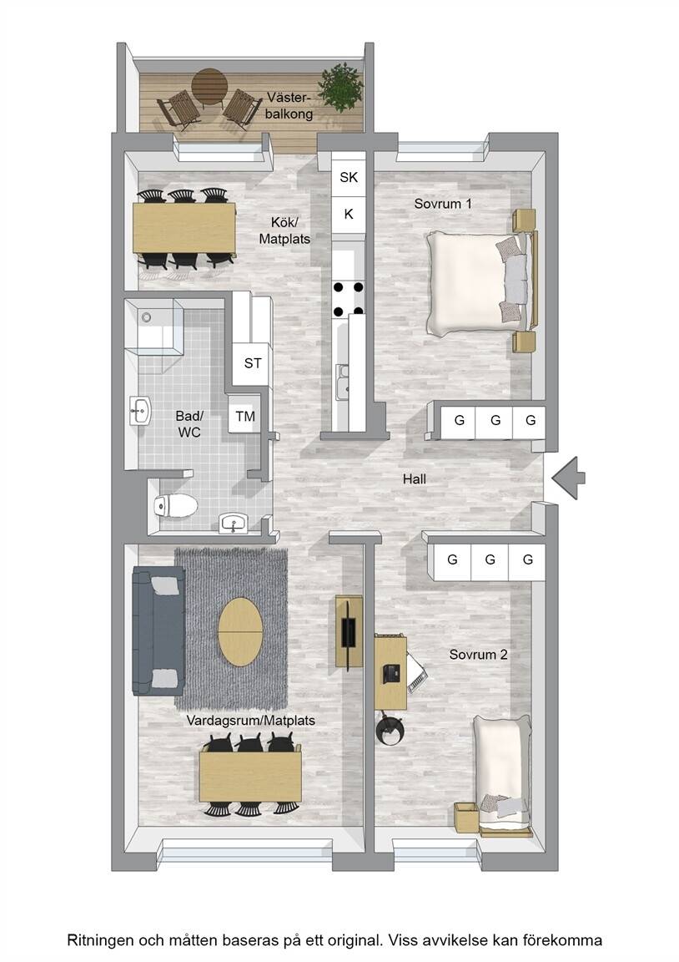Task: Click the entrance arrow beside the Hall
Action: [569, 478]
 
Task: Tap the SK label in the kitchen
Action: [349, 177]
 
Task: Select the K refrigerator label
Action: [349, 214]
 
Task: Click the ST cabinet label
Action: [253, 363]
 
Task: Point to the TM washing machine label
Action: [245, 417]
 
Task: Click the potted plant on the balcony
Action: [340, 87]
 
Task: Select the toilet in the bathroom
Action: [176, 505]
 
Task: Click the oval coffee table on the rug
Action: [241, 632]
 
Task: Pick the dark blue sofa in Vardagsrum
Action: [158, 630]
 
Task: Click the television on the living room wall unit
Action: [348, 632]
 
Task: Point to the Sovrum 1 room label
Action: [443, 204]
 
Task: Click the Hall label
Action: [415, 479]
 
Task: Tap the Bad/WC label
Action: [189, 424]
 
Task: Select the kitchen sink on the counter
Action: [343, 381]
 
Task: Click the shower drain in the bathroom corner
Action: [146, 317]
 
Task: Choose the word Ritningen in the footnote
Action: [100, 940]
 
